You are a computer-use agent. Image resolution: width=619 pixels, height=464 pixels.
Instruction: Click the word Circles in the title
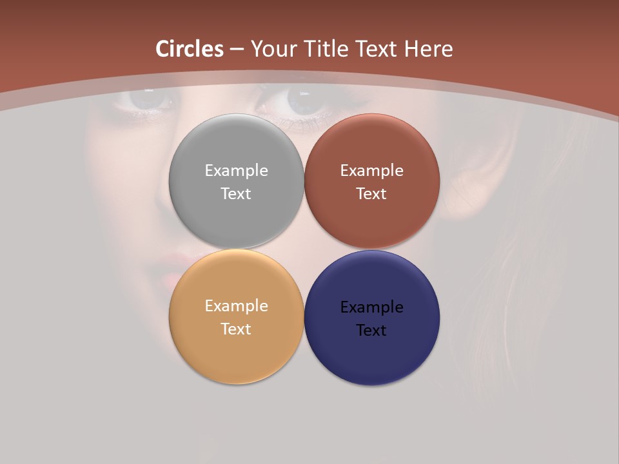[190, 49]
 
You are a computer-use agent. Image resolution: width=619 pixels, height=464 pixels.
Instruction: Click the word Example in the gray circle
[236, 171]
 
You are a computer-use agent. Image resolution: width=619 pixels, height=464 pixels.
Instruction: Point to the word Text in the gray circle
[236, 194]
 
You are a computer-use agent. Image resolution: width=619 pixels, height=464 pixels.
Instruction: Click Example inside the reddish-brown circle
[371, 171]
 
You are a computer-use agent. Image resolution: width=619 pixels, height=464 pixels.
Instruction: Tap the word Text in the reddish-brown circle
[371, 194]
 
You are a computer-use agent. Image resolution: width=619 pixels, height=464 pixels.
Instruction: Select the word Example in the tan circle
[236, 306]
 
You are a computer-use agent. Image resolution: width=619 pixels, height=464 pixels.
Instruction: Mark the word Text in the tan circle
[236, 329]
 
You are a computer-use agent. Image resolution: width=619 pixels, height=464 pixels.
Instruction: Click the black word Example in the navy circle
[371, 307]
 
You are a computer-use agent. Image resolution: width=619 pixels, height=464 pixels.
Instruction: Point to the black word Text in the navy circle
[371, 331]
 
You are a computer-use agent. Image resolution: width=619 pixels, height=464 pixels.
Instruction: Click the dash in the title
[237, 50]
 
